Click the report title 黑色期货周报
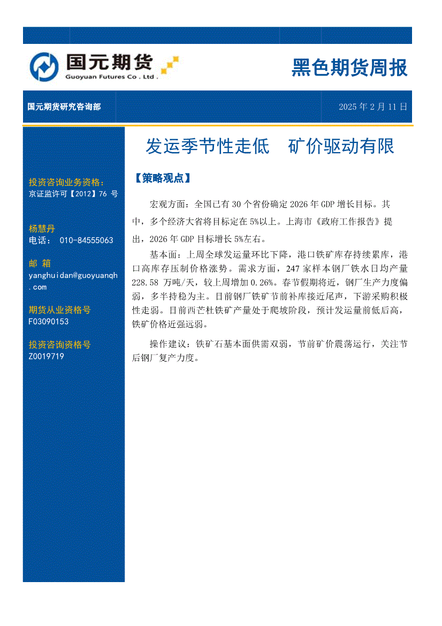349,68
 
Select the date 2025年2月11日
372,107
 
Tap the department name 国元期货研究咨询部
64,107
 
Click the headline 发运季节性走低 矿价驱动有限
270,146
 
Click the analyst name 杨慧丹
42,229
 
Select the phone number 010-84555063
86,240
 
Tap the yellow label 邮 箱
40,263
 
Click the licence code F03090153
49,321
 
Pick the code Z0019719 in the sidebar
47,356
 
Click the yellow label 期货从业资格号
59,310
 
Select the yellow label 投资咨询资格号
59,345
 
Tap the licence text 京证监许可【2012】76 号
73,194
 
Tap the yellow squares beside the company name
170,63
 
